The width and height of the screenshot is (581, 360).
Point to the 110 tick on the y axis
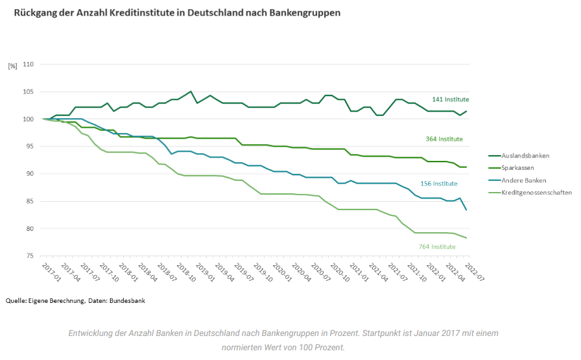[28, 64]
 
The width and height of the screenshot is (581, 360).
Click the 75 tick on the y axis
[30, 256]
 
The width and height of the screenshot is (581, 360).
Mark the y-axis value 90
[30, 174]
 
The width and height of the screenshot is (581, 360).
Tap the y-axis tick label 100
[28, 119]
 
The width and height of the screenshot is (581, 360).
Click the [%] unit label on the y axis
[12, 66]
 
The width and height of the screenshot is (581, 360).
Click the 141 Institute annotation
[450, 99]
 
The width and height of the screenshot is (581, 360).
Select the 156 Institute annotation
[438, 184]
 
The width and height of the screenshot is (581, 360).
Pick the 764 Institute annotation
[437, 246]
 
